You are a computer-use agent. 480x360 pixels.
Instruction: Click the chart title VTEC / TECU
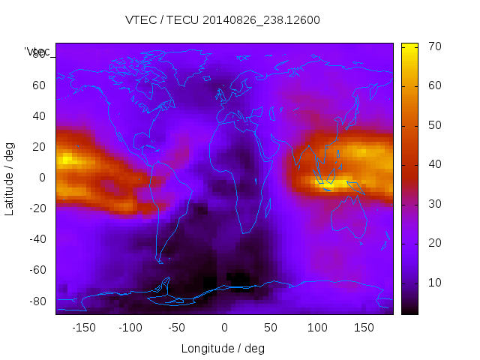pyautogui.click(x=222, y=20)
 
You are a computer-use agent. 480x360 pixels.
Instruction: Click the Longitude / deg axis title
pyautogui.click(x=223, y=348)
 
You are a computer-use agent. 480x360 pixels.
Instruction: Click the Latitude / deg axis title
pyautogui.click(x=10, y=178)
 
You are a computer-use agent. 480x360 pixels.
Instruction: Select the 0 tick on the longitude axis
pyautogui.click(x=224, y=328)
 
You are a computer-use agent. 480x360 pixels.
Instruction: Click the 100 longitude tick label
pyautogui.click(x=317, y=328)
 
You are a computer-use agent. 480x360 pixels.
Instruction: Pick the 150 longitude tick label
pyautogui.click(x=364, y=328)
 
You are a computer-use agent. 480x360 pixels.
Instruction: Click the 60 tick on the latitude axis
pyautogui.click(x=40, y=85)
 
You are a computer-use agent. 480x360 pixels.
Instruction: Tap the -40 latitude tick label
pyautogui.click(x=37, y=240)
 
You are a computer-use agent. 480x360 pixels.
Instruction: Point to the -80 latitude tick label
pyautogui.click(x=37, y=301)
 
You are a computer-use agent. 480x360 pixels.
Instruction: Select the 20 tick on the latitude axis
pyautogui.click(x=40, y=147)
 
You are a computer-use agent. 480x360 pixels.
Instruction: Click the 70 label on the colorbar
pyautogui.click(x=433, y=46)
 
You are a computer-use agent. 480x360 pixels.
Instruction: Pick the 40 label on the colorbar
pyautogui.click(x=433, y=164)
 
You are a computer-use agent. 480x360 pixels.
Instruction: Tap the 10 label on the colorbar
pyautogui.click(x=433, y=282)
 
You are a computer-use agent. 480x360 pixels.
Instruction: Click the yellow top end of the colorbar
pyautogui.click(x=409, y=46)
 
